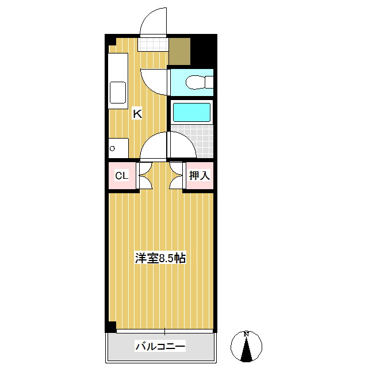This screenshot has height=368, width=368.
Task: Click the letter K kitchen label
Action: (137, 113)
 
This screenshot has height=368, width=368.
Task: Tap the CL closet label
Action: (121, 176)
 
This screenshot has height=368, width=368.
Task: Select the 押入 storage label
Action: (199, 176)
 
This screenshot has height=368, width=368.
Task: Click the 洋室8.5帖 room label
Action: (160, 258)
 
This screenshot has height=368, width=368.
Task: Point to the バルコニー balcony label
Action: (160, 347)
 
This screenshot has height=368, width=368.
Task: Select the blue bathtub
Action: (192, 111)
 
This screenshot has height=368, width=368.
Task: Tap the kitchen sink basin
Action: (118, 93)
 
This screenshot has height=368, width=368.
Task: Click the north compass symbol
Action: (246, 347)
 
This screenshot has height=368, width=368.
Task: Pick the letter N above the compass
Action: (246, 333)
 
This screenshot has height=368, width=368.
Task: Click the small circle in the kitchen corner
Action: (113, 148)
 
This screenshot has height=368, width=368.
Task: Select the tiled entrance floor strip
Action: (154, 44)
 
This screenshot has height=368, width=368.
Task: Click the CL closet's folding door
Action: (144, 176)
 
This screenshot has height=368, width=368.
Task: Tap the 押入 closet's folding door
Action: (177, 176)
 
